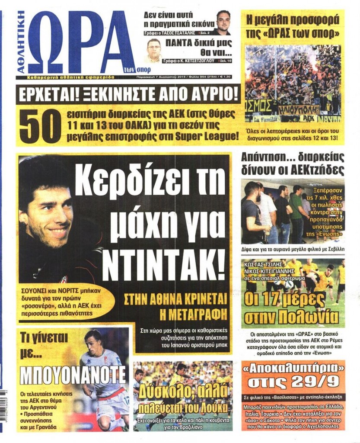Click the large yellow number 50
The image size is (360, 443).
(40, 125)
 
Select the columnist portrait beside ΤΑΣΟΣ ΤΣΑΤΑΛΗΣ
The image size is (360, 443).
(223, 22)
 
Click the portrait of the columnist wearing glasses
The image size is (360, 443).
(153, 50)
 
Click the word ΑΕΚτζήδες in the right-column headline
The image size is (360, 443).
(312, 169)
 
